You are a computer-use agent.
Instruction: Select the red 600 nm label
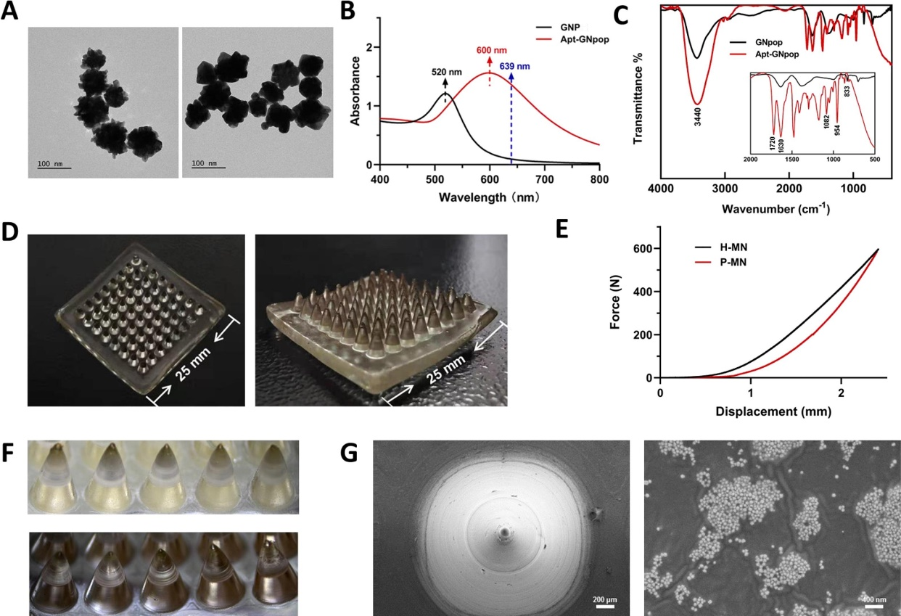pos(490,51)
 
